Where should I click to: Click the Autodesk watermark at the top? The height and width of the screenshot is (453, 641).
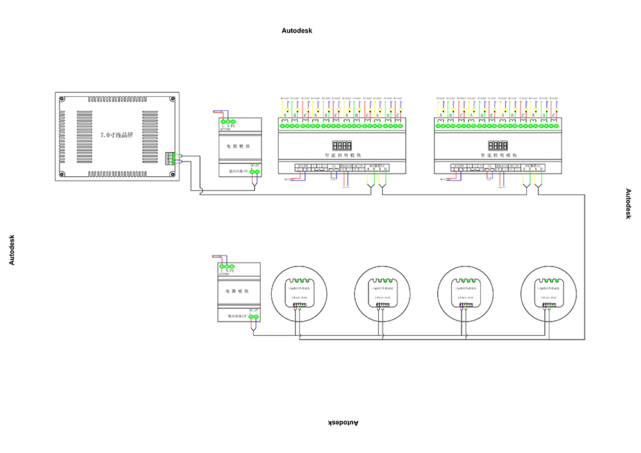point(297,31)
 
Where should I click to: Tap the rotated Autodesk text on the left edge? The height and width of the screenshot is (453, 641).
point(11,250)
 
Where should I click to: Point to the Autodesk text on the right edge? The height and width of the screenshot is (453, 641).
point(629,204)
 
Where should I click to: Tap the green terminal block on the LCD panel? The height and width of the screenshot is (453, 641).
point(171,158)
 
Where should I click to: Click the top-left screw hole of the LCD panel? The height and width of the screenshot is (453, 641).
point(63,99)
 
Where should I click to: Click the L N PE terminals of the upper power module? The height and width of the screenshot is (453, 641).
point(228,122)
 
